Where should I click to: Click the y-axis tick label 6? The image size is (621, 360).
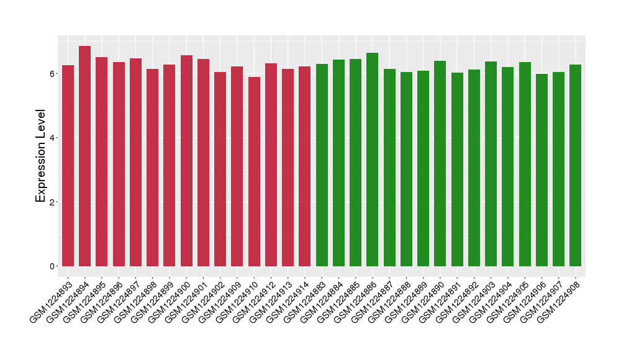(53, 73)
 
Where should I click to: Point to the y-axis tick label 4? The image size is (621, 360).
(53, 137)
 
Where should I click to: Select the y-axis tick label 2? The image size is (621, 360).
(53, 202)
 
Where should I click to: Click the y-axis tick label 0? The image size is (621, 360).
(53, 266)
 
